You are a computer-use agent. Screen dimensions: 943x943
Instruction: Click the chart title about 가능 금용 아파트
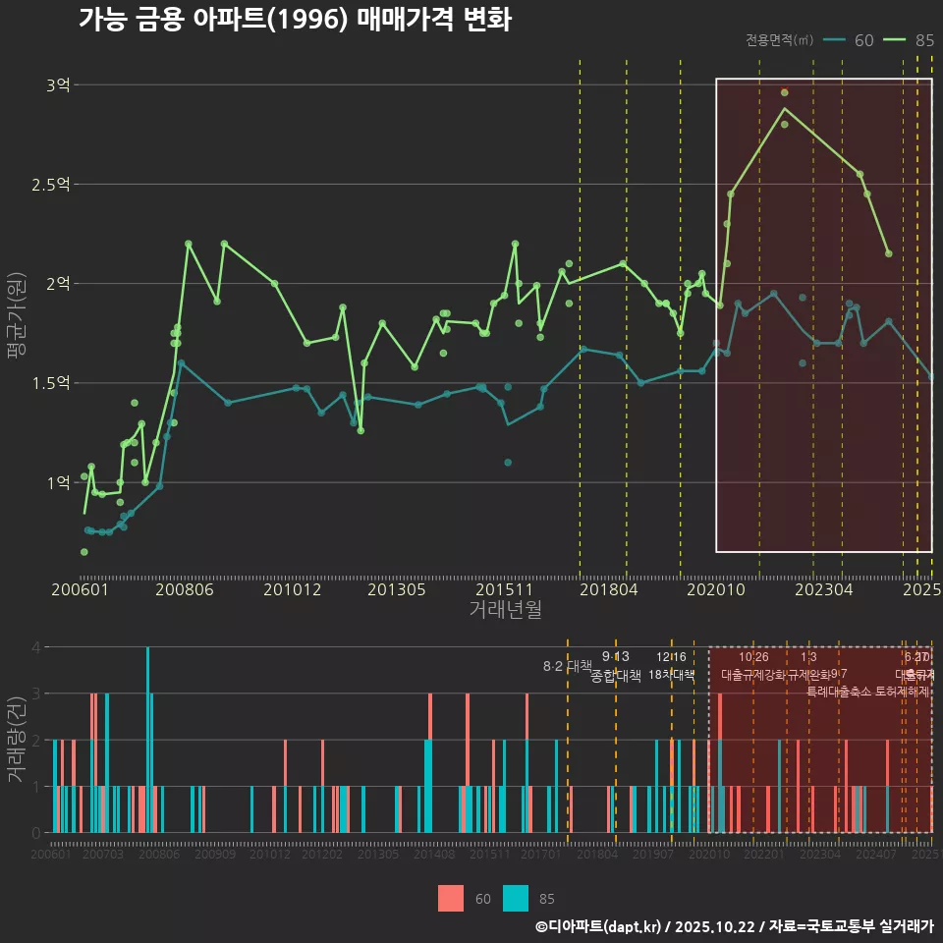coord(295,20)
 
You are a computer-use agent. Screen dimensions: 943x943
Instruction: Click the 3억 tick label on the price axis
coord(58,85)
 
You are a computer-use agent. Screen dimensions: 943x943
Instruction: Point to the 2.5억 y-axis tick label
coord(51,185)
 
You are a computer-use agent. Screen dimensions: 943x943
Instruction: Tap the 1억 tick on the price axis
coord(58,482)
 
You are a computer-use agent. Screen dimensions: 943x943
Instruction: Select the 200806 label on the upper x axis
coord(185,590)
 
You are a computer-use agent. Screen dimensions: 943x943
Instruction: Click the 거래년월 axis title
coord(506,610)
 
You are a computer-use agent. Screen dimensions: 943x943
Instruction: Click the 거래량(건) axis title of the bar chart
coord(16,739)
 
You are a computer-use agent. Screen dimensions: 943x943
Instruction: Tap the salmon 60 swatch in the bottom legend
coord(450,898)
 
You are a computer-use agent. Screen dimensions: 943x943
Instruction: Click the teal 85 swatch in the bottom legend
coord(515,898)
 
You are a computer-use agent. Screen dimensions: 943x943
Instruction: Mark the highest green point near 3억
coord(784,92)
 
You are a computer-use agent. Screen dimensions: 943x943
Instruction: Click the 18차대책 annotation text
coord(671,675)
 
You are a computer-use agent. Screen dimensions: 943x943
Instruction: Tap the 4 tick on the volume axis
coord(35,647)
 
